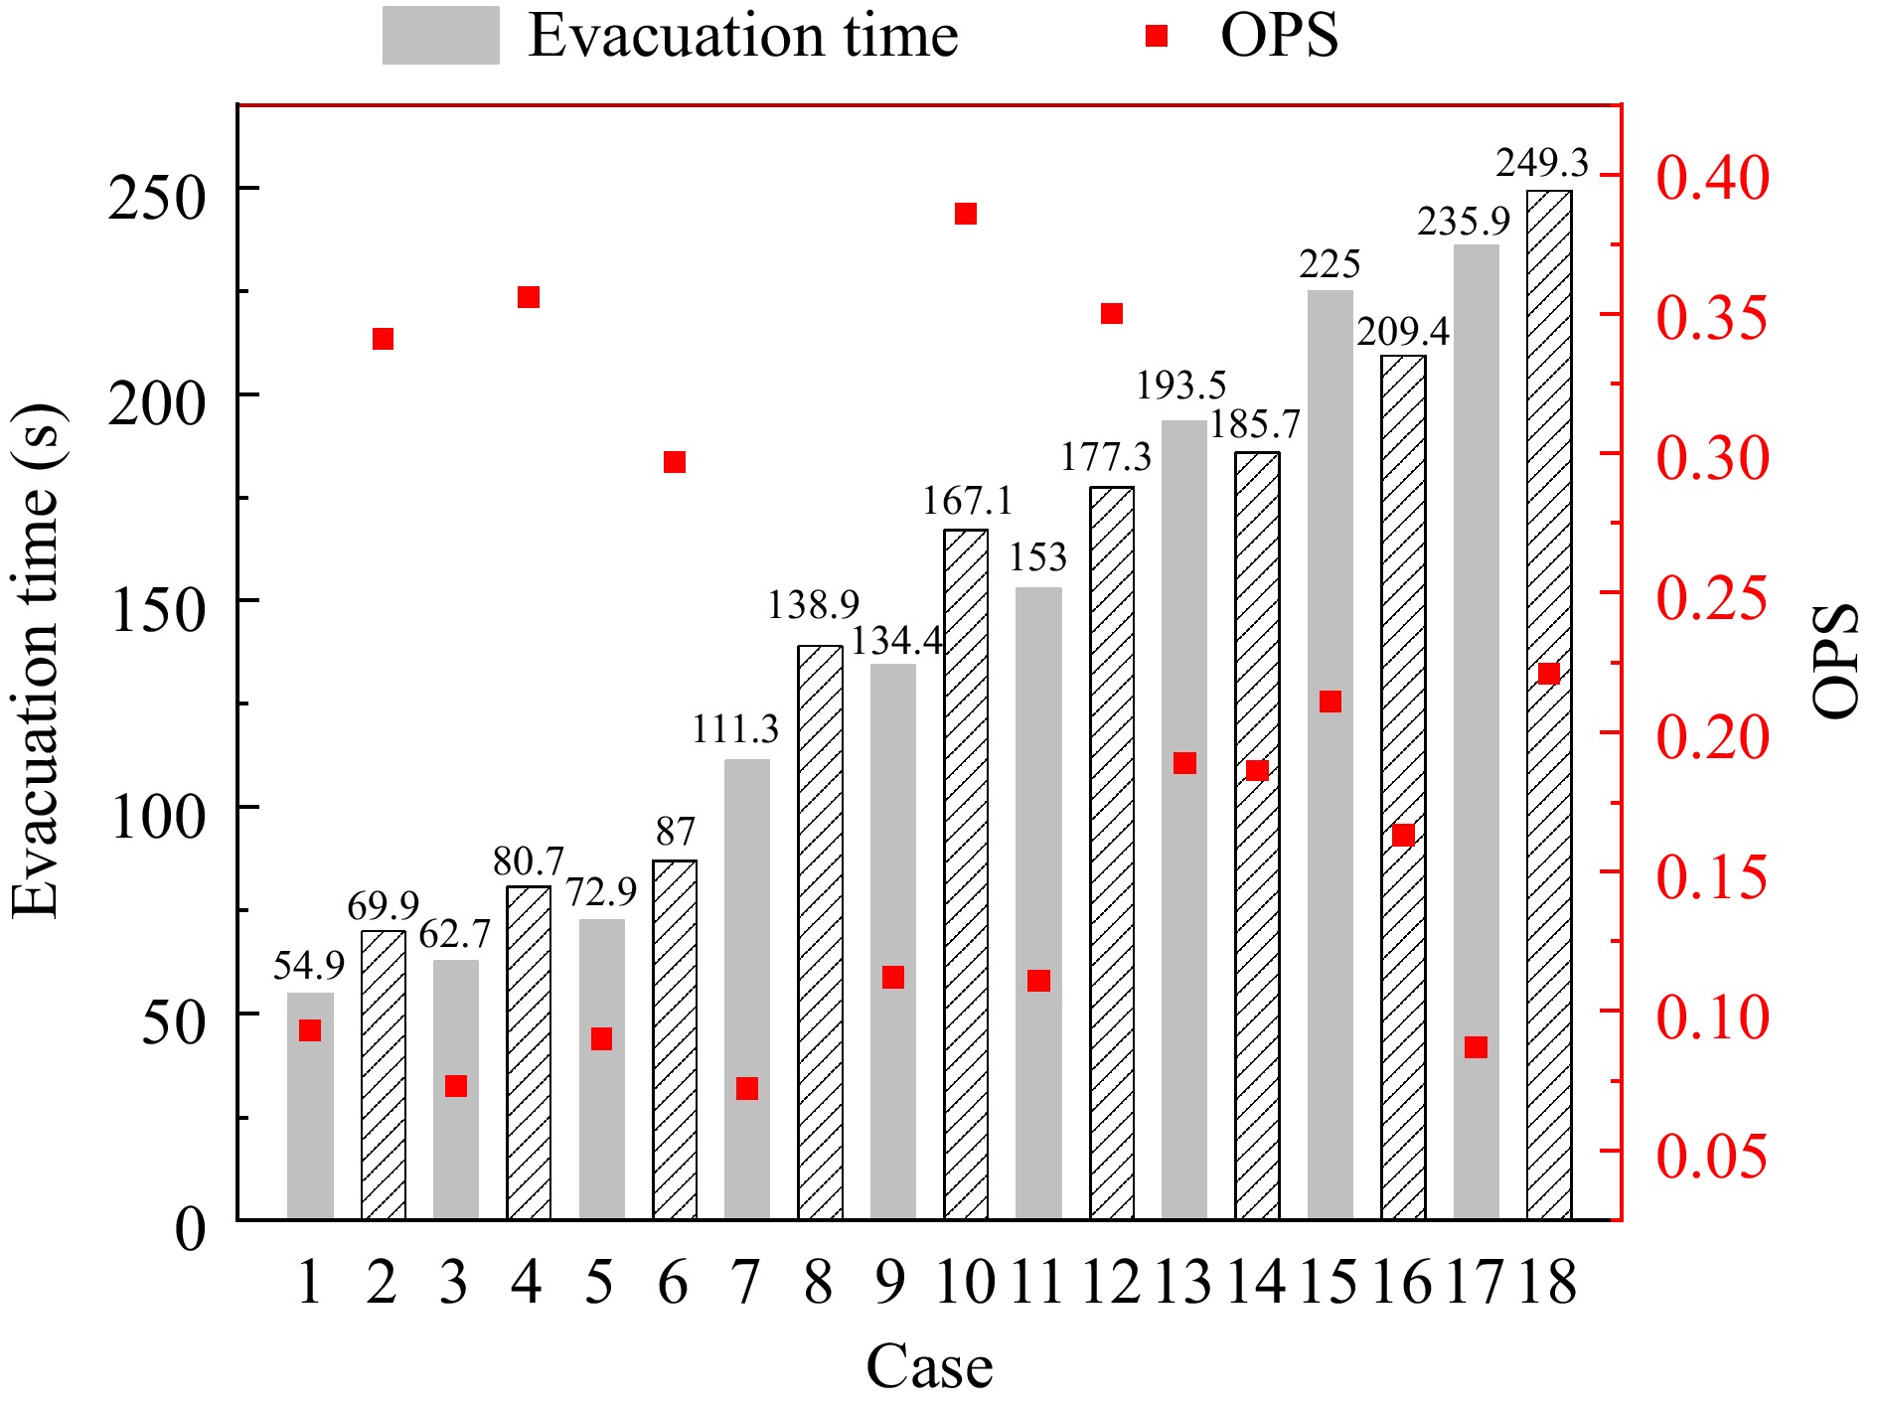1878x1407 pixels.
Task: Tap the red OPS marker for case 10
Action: point(966,214)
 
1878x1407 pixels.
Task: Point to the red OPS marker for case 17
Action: point(1476,1047)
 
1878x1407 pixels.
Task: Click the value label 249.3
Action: point(1542,162)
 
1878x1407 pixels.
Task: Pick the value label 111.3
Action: point(735,729)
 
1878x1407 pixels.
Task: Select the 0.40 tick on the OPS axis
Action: point(1712,178)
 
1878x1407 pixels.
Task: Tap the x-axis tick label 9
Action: point(891,1282)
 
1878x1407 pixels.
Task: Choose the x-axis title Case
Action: point(929,1366)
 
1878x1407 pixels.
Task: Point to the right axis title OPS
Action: point(1835,661)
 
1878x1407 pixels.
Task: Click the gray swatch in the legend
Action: point(440,36)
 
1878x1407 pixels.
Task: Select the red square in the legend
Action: point(1156,37)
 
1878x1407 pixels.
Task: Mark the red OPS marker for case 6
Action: point(675,462)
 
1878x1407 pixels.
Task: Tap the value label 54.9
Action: point(308,965)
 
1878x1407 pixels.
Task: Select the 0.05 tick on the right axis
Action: point(1712,1156)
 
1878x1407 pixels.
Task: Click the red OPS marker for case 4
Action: point(529,297)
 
